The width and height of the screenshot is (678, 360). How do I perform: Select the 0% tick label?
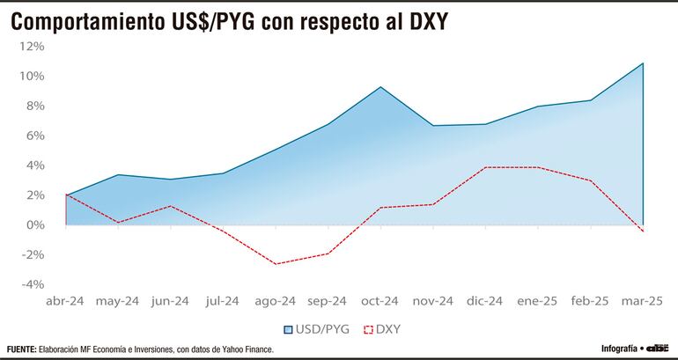[34, 224]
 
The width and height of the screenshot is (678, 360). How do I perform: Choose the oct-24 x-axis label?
[380, 301]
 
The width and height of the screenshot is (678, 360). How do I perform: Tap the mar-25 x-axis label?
[642, 301]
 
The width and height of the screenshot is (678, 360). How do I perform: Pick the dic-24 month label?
[485, 301]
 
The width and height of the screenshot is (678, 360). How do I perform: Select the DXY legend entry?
[381, 329]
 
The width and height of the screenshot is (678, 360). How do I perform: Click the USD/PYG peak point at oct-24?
[380, 86]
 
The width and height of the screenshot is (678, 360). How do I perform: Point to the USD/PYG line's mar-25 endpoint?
[643, 62]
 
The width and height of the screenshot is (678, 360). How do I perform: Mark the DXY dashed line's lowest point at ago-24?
[276, 264]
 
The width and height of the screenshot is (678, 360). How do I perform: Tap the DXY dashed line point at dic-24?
[485, 167]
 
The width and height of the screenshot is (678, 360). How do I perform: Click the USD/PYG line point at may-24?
[118, 174]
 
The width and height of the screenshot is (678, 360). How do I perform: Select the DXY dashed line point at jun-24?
[170, 206]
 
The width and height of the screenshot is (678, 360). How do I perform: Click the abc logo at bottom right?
[659, 349]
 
